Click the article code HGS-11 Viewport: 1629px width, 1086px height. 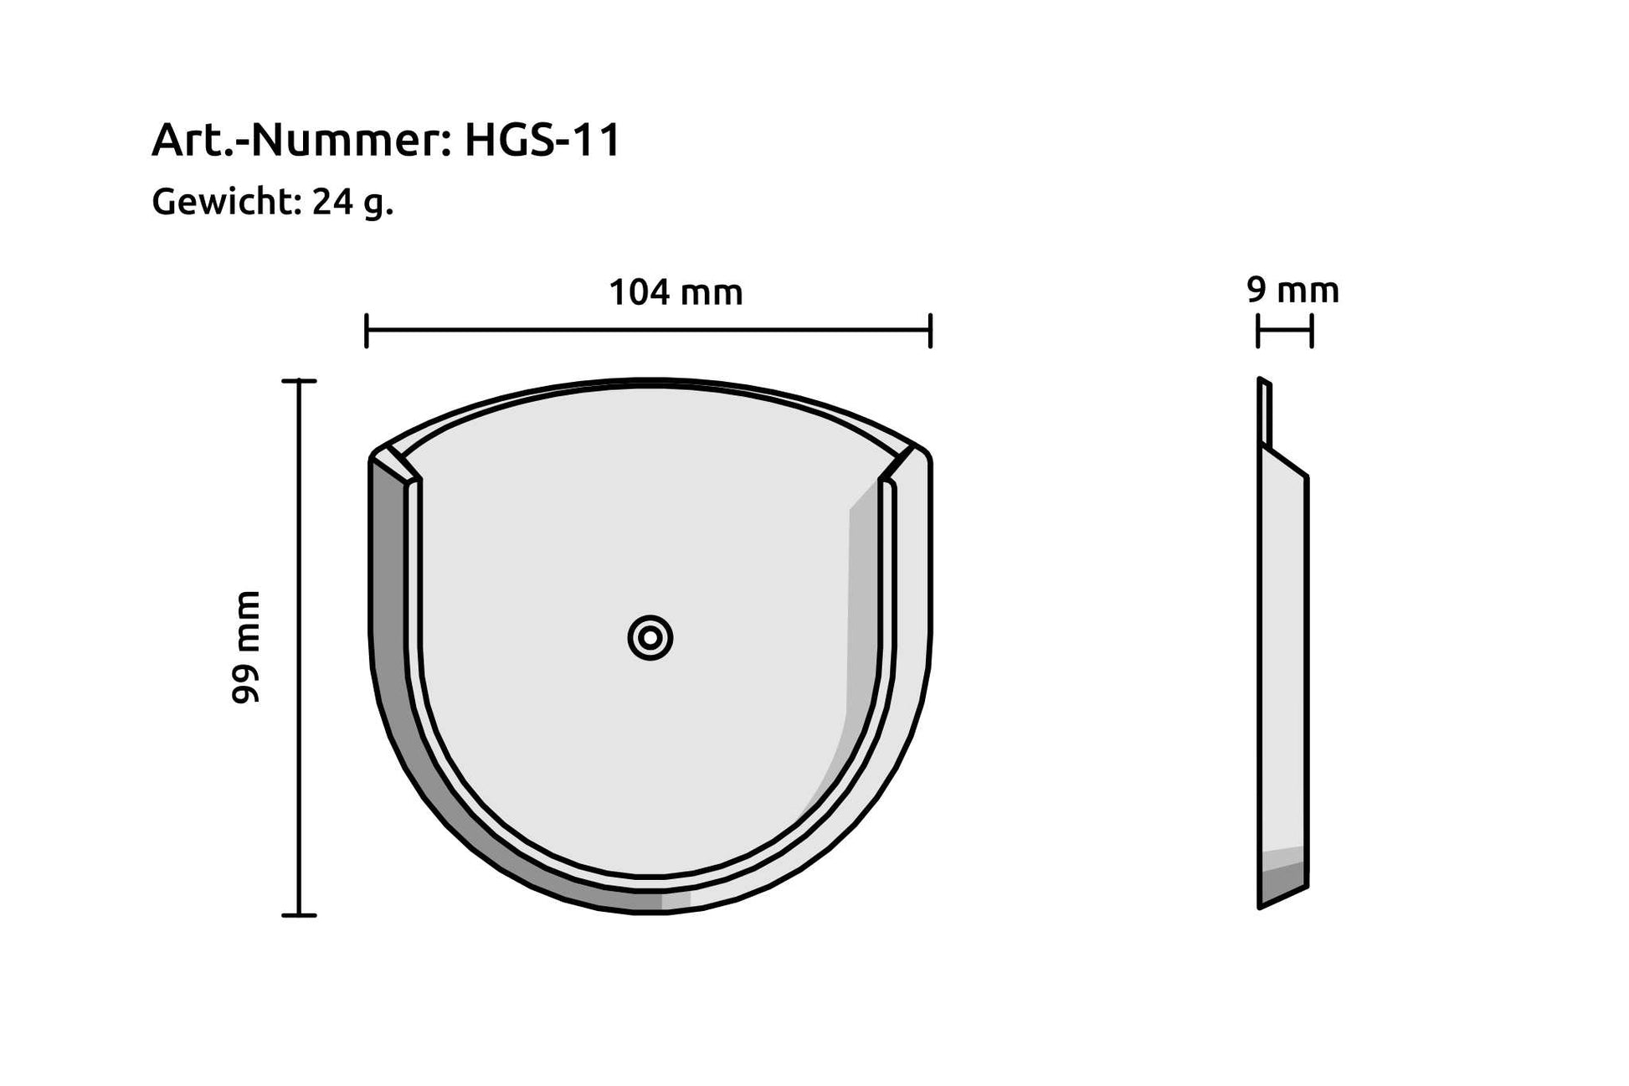pyautogui.click(x=542, y=140)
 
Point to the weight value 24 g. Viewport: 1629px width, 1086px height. pyautogui.click(x=352, y=202)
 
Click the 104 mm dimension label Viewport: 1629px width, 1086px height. pyautogui.click(x=676, y=293)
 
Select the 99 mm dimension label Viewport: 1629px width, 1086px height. pyautogui.click(x=246, y=647)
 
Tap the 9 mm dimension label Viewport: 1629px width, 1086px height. pyautogui.click(x=1292, y=291)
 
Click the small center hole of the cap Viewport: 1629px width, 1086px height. pyautogui.click(x=650, y=639)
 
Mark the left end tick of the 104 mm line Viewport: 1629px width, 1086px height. pyautogui.click(x=367, y=331)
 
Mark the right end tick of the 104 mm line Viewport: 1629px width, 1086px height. pyautogui.click(x=930, y=331)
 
